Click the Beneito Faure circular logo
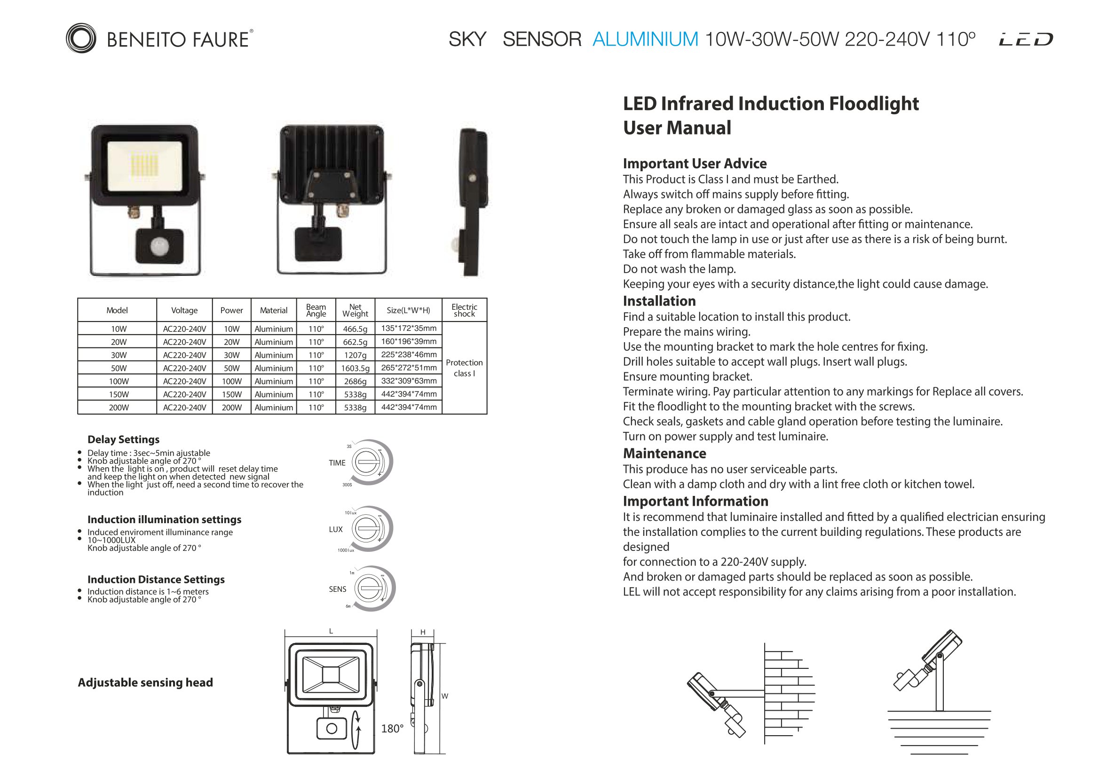pyautogui.click(x=81, y=38)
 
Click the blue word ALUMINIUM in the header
pyautogui.click(x=645, y=39)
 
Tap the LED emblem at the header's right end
pyautogui.click(x=1026, y=39)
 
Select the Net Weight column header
pyautogui.click(x=355, y=311)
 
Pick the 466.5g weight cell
pyautogui.click(x=355, y=329)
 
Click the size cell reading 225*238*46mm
pyautogui.click(x=409, y=354)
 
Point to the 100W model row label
pyautogui.click(x=118, y=381)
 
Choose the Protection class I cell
pyautogui.click(x=464, y=368)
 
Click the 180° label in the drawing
pyautogui.click(x=392, y=729)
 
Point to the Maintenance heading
pyautogui.click(x=664, y=453)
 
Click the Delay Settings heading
pyautogui.click(x=124, y=439)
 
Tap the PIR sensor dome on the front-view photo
pyautogui.click(x=159, y=247)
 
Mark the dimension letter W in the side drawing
pyautogui.click(x=445, y=696)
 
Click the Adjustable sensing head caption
pyautogui.click(x=145, y=682)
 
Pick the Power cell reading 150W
pyautogui.click(x=232, y=395)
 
